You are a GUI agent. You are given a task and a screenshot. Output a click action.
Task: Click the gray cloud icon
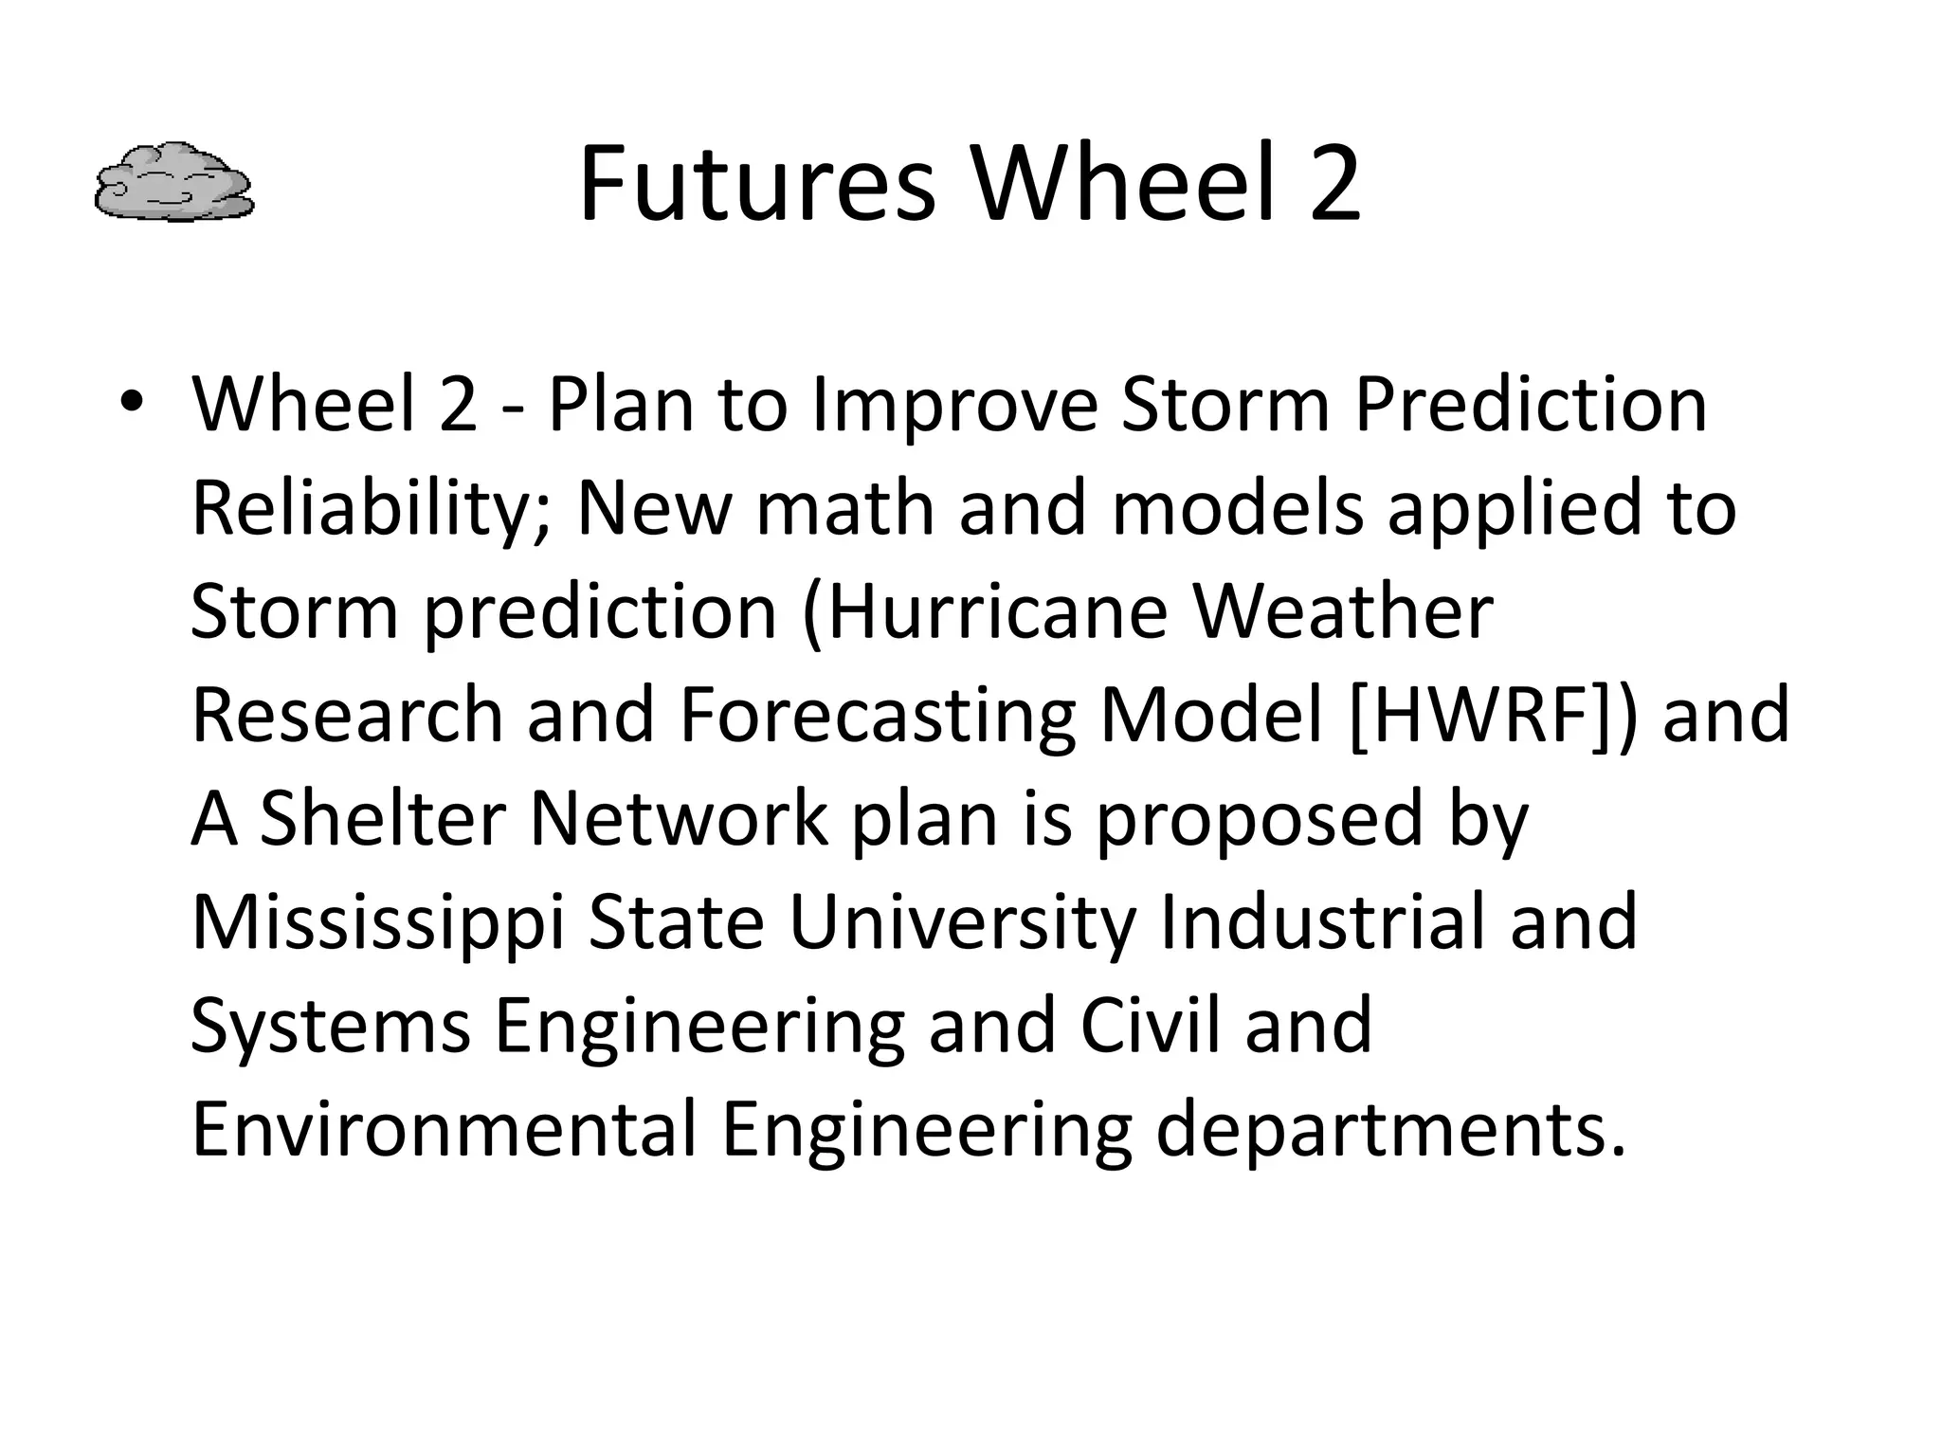pos(174,183)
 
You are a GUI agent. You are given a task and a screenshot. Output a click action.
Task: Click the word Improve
pos(954,405)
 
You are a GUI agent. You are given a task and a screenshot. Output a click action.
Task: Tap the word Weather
pos(1343,611)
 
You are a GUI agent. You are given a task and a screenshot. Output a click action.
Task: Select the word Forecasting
pos(878,716)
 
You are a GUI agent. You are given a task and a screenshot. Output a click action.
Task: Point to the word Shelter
pos(382,818)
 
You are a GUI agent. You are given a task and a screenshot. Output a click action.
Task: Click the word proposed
pos(1261,820)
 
